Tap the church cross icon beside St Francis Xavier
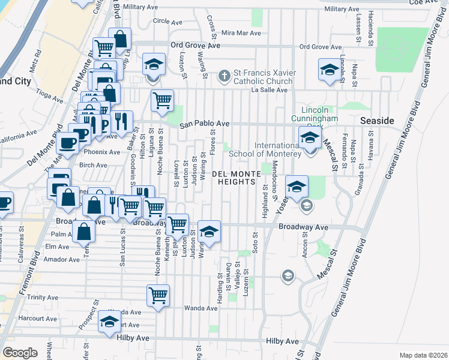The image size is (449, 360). point(224,76)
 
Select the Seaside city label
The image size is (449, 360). point(377,121)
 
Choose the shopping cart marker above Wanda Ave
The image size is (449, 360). point(158,295)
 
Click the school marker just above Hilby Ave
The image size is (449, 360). point(109,322)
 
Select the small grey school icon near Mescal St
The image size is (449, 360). point(288,276)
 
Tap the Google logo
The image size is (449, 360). point(20,352)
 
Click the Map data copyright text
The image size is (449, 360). point(423,355)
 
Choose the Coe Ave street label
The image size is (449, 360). point(424,2)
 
